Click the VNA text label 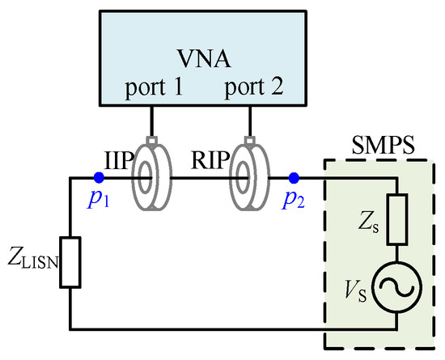(x=204, y=59)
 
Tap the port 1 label (x=154, y=87)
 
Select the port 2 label (x=254, y=87)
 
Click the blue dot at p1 (x=99, y=178)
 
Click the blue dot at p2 (x=294, y=178)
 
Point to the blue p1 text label (x=99, y=200)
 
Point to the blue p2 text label (x=293, y=200)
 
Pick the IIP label (x=119, y=160)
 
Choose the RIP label (x=210, y=160)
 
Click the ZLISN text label (x=33, y=257)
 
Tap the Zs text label (x=368, y=223)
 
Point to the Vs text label (x=355, y=290)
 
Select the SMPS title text (x=384, y=146)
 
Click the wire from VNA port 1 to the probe (x=151, y=121)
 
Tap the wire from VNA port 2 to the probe (x=250, y=121)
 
